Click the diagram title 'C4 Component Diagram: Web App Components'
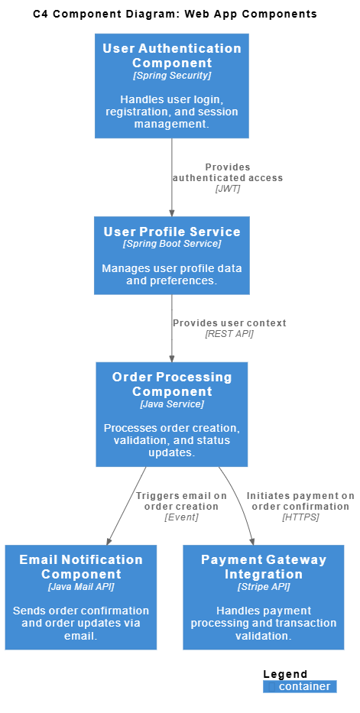175,14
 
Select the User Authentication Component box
172,86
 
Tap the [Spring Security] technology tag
172,76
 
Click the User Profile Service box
172,255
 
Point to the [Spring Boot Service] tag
172,244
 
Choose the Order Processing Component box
172,414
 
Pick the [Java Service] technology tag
172,404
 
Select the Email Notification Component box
81,597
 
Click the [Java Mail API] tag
81,587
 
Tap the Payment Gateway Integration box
264,597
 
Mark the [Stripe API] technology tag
264,587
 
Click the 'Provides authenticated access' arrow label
228,173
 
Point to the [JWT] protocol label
228,189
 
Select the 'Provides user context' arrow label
229,323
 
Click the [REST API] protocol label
229,334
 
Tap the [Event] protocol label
181,517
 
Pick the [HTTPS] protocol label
300,517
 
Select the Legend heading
285,674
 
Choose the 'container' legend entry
304,686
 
